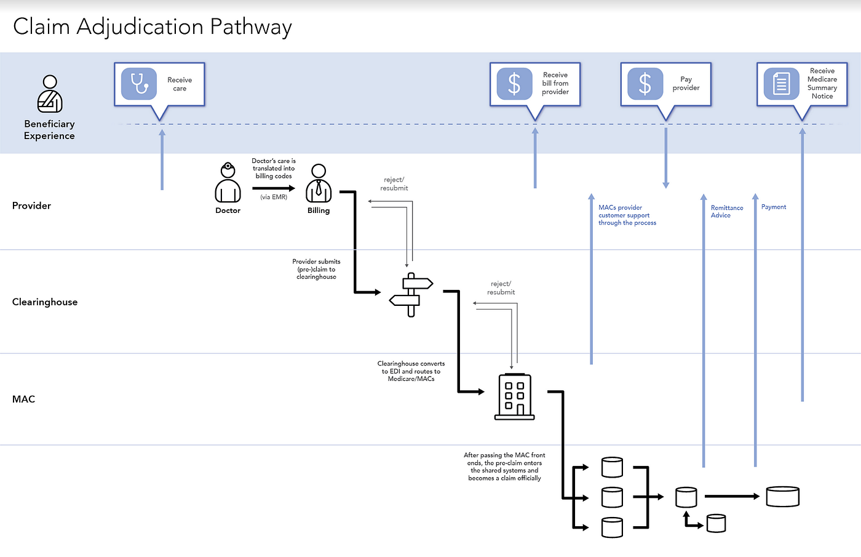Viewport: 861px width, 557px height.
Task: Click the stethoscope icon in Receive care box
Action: coord(139,84)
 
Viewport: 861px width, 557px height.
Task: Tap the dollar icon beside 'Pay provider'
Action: coord(645,84)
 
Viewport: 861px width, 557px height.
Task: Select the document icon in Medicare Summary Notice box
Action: coord(781,84)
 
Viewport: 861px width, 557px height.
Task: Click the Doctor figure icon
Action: coord(228,183)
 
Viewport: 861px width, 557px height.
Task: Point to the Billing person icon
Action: coord(319,183)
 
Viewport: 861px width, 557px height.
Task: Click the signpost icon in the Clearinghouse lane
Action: coord(411,294)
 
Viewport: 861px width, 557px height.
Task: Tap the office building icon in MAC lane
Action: coord(514,397)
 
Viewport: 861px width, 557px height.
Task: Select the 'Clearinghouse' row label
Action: coord(45,302)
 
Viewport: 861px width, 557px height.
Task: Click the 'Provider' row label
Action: coord(31,206)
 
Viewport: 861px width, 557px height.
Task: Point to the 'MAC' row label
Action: coord(23,399)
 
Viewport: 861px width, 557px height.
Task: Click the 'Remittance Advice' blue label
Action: coord(726,212)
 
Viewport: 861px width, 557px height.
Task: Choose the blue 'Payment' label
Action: coord(773,207)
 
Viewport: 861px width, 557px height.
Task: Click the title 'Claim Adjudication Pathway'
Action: coord(152,26)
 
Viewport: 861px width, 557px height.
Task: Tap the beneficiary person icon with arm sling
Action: coord(50,94)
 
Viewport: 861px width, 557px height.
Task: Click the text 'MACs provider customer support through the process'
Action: coord(627,215)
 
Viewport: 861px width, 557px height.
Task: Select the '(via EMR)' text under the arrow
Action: coord(274,197)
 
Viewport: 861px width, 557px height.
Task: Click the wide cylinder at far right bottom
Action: coord(782,496)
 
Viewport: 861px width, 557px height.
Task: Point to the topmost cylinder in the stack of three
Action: coord(612,467)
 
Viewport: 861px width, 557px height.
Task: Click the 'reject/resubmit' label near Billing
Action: coord(394,184)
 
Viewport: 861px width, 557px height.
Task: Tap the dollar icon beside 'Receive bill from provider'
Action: coord(514,84)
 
